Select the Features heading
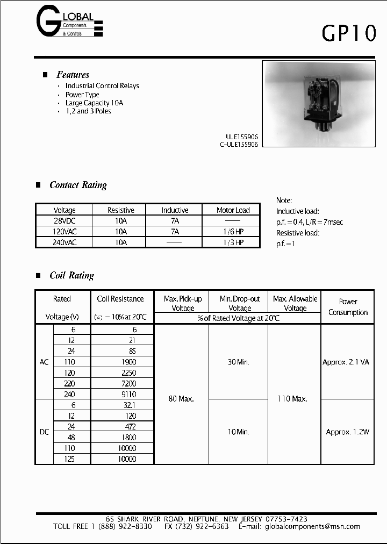[73, 75]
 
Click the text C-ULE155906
[239, 145]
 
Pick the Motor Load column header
[233, 210]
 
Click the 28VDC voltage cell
[64, 221]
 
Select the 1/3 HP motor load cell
[233, 242]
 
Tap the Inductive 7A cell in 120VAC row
[175, 232]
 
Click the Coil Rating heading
[71, 275]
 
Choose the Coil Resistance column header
[120, 299]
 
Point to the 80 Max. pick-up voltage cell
[181, 399]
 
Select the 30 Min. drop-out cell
[239, 362]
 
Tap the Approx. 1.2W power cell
[348, 432]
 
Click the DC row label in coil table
[44, 432]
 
